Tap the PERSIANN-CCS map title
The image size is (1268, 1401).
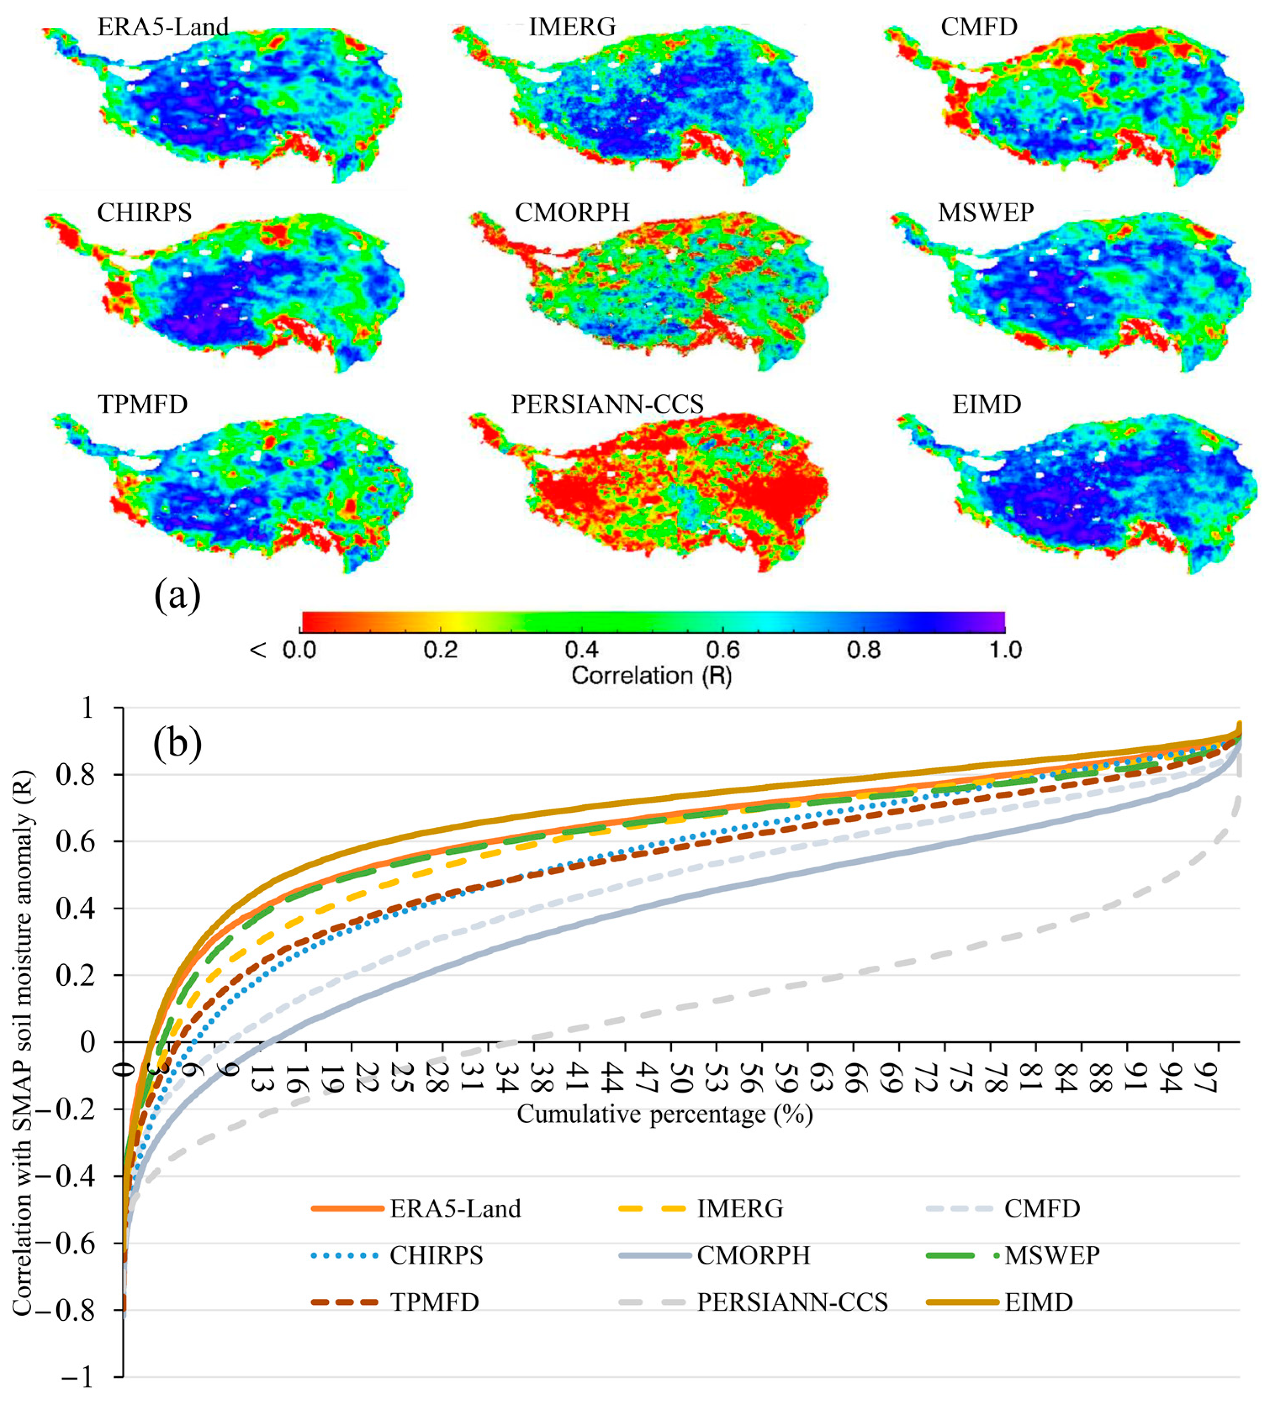click(x=607, y=404)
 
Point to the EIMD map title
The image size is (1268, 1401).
click(x=986, y=404)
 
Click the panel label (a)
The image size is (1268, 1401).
click(x=177, y=595)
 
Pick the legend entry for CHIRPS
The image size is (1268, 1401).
click(x=435, y=1255)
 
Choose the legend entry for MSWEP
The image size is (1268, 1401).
click(x=1051, y=1255)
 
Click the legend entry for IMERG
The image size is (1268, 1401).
click(x=740, y=1209)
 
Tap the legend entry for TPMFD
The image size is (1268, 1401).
click(x=434, y=1302)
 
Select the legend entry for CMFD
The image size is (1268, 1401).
click(x=1041, y=1209)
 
